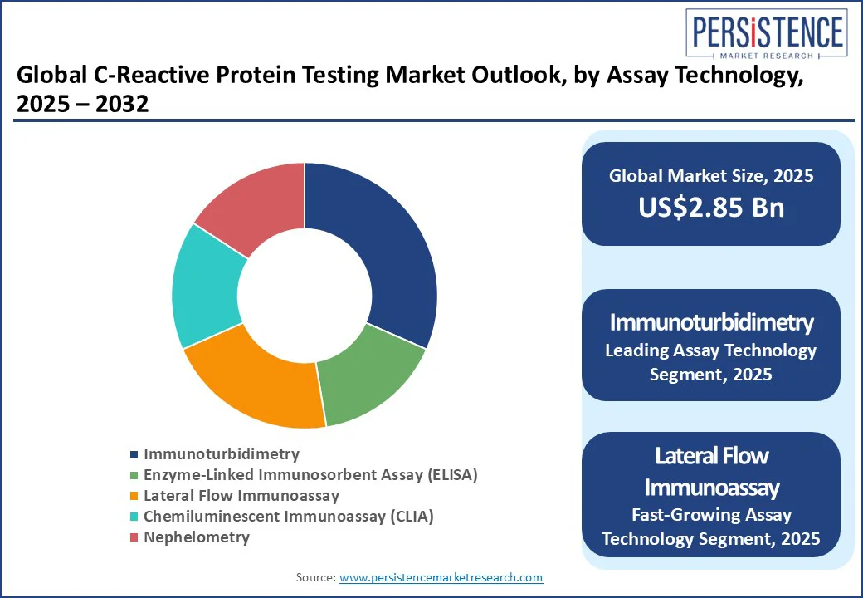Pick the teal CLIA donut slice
(207, 287)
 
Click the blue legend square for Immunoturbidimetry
(134, 455)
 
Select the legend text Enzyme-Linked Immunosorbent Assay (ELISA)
(310, 474)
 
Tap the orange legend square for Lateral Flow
(134, 496)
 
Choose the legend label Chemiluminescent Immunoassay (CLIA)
(289, 517)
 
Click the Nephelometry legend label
(197, 537)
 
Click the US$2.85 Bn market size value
(711, 208)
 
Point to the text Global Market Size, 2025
(711, 175)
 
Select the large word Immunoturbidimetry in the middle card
(711, 323)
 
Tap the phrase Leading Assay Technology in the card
(711, 350)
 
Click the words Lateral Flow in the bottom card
(712, 456)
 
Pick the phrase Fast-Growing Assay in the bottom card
(711, 514)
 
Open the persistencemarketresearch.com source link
(441, 577)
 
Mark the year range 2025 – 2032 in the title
(82, 104)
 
